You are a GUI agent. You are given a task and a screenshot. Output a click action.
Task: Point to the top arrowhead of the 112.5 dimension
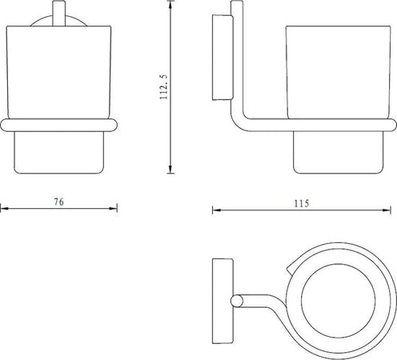(x=170, y=6)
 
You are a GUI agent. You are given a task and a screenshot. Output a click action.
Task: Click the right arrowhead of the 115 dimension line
(x=392, y=210)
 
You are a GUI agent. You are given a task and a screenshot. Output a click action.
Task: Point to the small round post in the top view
(x=235, y=302)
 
